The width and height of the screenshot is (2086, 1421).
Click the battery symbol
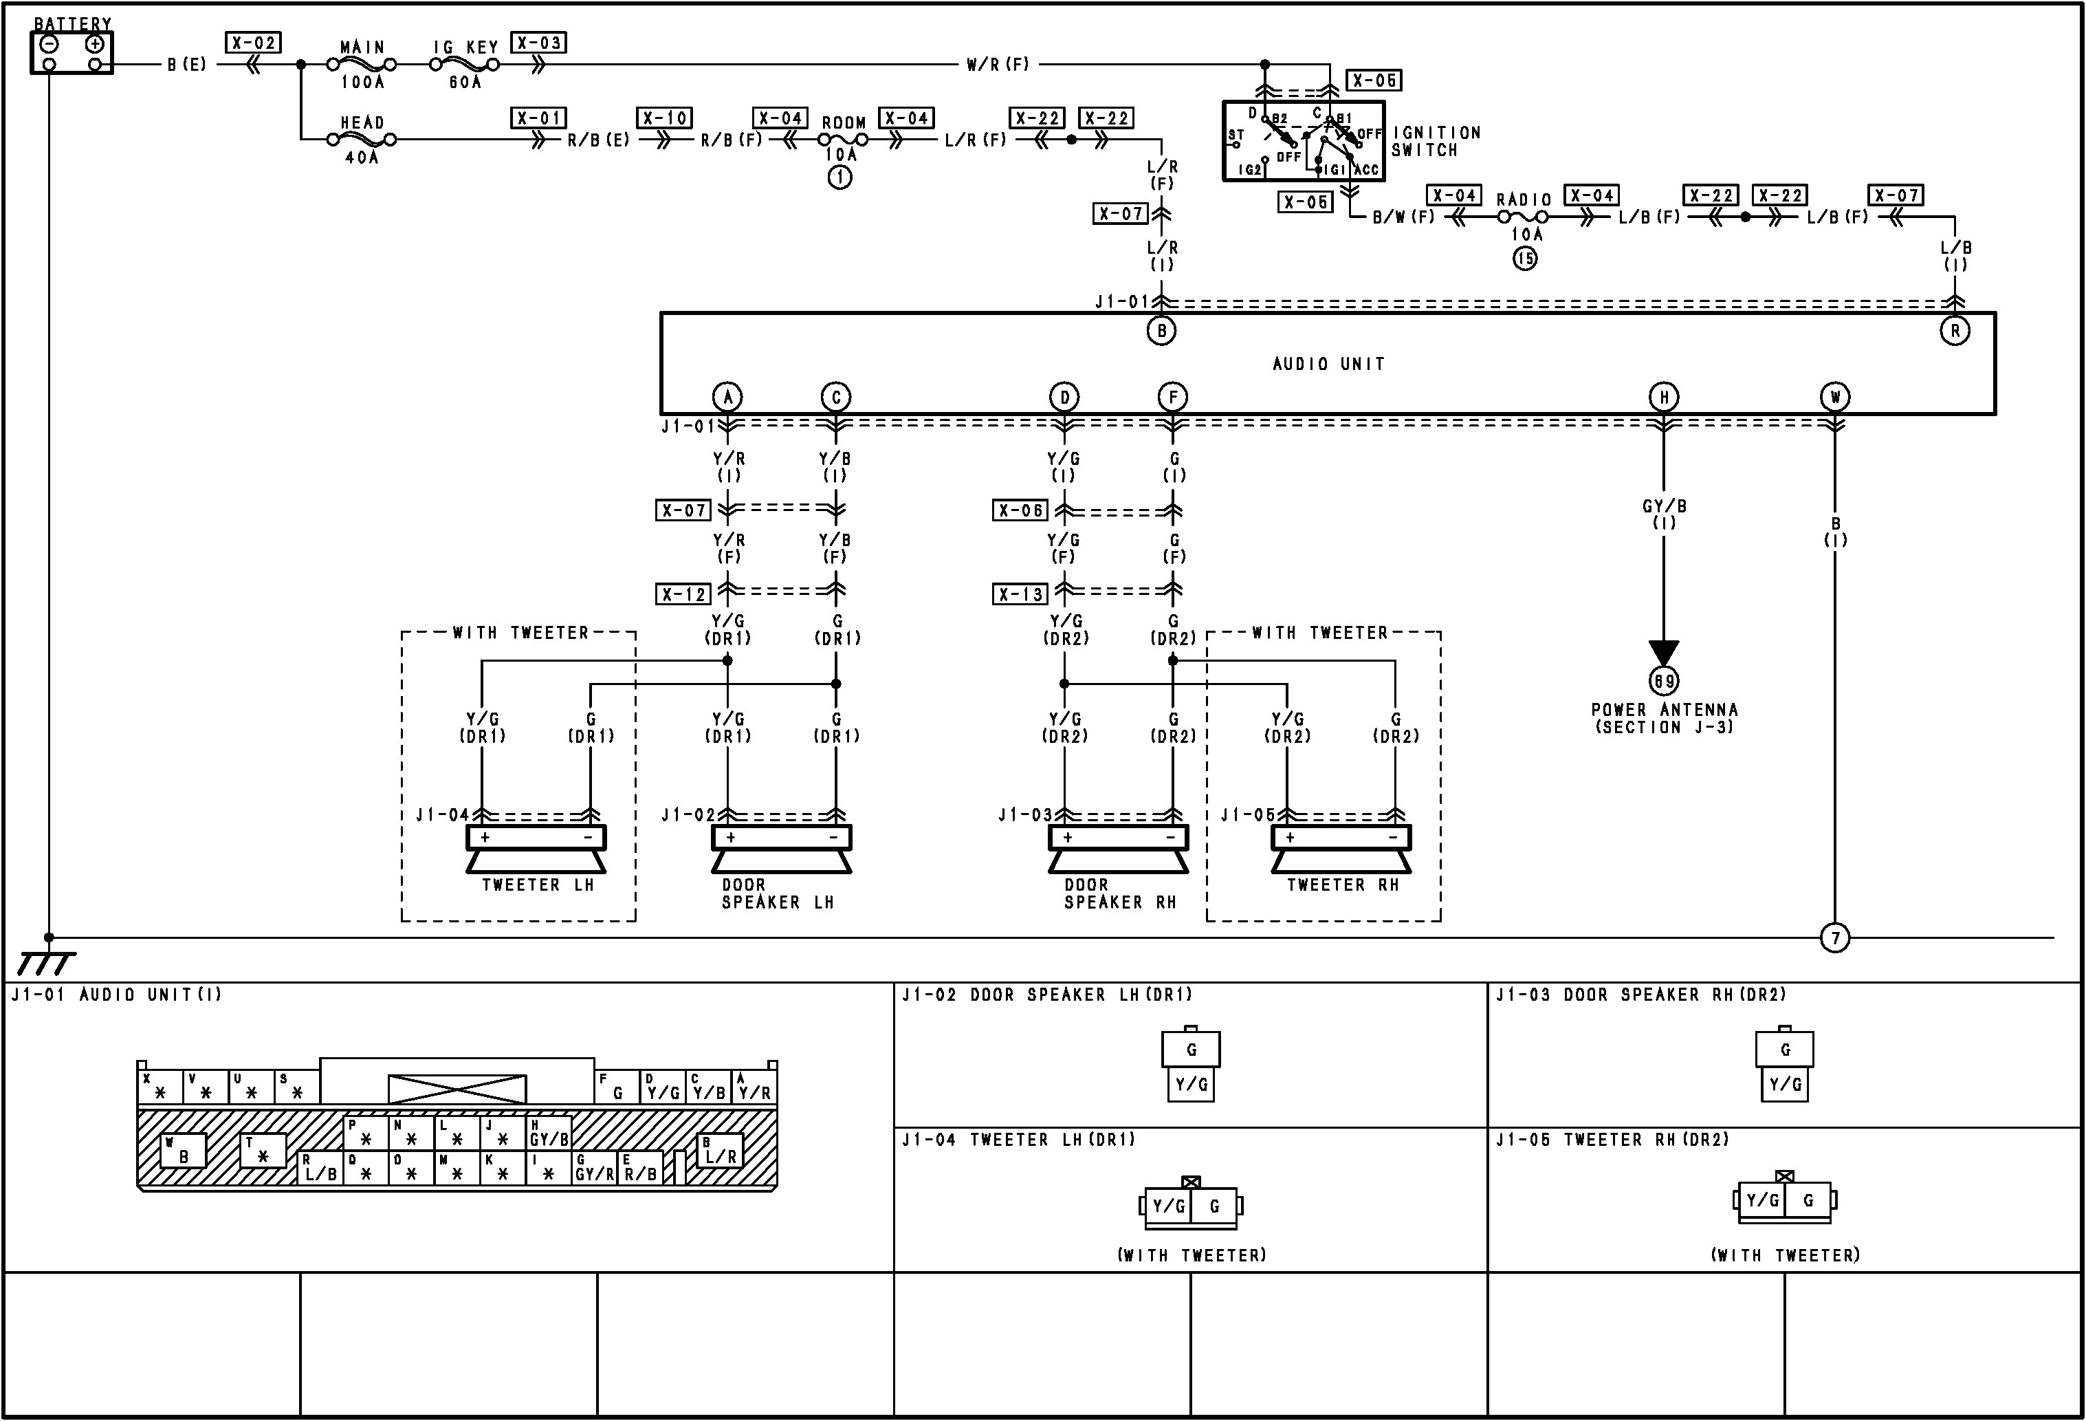point(72,53)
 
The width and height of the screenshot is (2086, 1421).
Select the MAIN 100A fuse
point(362,65)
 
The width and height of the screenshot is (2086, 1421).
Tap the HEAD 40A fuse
point(362,139)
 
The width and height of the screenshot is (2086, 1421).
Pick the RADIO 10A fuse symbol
point(1524,217)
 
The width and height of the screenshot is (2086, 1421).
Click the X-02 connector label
point(253,42)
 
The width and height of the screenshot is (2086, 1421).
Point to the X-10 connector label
point(664,118)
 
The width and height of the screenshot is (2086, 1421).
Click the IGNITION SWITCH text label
point(1436,141)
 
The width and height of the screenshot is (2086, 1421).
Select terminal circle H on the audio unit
point(1663,397)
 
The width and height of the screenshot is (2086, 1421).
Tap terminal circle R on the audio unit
point(1954,330)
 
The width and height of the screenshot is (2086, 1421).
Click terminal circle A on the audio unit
point(727,397)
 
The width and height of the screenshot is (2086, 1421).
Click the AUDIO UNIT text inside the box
point(1328,364)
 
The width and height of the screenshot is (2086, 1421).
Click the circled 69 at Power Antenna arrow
point(1663,682)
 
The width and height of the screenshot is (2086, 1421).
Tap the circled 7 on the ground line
point(1834,938)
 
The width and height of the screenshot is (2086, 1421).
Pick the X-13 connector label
point(1020,594)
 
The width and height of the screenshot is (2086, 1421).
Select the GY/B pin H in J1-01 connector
point(549,1133)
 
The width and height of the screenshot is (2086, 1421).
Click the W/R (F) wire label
point(997,65)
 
